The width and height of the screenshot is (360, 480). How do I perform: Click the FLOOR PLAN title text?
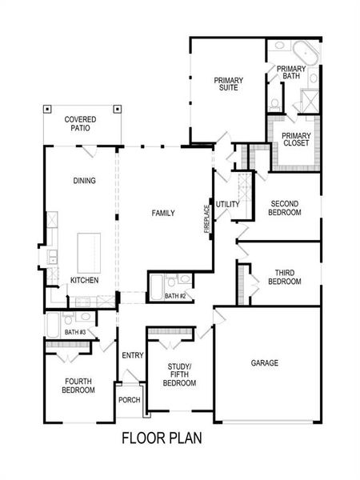point(162,438)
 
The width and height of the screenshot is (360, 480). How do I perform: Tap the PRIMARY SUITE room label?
point(228,84)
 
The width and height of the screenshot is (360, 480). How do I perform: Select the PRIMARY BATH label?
point(291,74)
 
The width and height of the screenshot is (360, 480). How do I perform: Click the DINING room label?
point(84,181)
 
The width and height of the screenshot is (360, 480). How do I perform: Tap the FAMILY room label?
point(164,213)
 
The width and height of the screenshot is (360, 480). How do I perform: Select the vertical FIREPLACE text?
point(206,218)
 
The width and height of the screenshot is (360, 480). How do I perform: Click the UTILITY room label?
point(227,205)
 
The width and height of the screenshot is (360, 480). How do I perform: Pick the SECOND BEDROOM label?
point(285,208)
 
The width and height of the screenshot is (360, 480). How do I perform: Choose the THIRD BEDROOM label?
point(285,277)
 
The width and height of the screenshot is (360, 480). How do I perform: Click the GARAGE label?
point(265,363)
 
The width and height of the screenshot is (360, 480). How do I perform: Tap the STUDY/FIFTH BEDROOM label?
point(179,374)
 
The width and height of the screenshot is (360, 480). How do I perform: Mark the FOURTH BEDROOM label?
point(78,385)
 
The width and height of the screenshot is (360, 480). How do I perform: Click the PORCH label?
point(129,400)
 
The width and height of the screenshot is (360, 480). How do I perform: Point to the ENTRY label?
point(133,355)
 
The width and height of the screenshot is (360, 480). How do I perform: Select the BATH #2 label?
point(175,296)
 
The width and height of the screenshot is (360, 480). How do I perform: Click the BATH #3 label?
point(75,331)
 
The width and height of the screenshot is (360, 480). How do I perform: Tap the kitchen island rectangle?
point(90,253)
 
